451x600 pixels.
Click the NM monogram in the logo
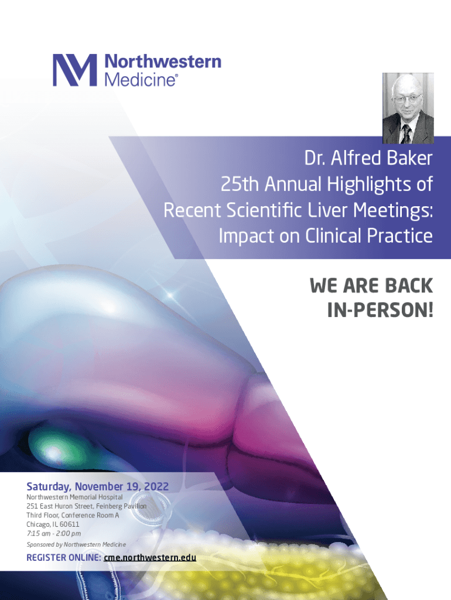click(74, 70)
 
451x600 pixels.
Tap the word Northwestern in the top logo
click(163, 62)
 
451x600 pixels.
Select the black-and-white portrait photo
click(408, 108)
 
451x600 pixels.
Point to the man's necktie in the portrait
click(406, 134)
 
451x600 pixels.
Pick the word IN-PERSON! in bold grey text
click(380, 311)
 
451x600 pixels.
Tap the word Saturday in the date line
click(49, 487)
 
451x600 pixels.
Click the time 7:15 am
click(38, 533)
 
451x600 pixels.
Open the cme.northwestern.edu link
click(150, 558)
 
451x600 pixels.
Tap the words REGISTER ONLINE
click(63, 558)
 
